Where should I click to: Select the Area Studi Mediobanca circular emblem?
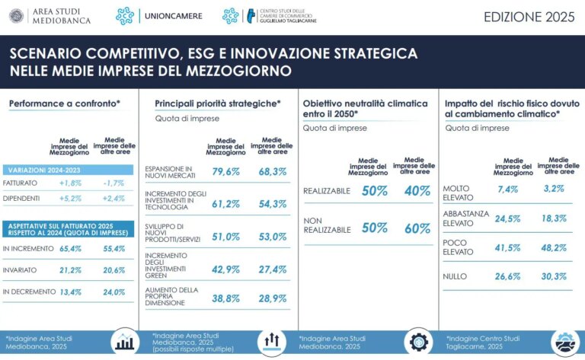tap(15, 15)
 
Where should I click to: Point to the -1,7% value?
tap(113, 183)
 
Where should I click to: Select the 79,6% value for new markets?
tap(225, 171)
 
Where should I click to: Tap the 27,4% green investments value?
tap(272, 269)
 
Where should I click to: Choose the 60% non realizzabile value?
tap(417, 228)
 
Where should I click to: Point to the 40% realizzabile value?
tap(417, 191)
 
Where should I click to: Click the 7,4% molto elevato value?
tap(507, 189)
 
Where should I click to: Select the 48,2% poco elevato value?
tap(553, 247)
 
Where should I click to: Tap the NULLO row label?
tap(456, 277)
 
